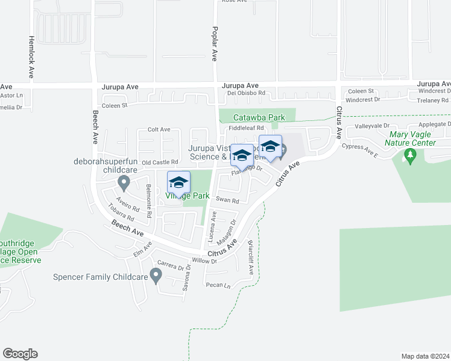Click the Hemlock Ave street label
31,57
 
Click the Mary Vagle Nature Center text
412,138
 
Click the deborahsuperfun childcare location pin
124,182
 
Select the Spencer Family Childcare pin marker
156,276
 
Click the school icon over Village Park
179,182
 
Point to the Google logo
20,354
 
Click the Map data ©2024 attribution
425,356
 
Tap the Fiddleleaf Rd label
246,128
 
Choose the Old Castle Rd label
160,162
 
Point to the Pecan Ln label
218,285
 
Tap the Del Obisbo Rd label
246,93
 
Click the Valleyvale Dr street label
373,126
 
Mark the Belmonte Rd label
148,197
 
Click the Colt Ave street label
159,129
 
